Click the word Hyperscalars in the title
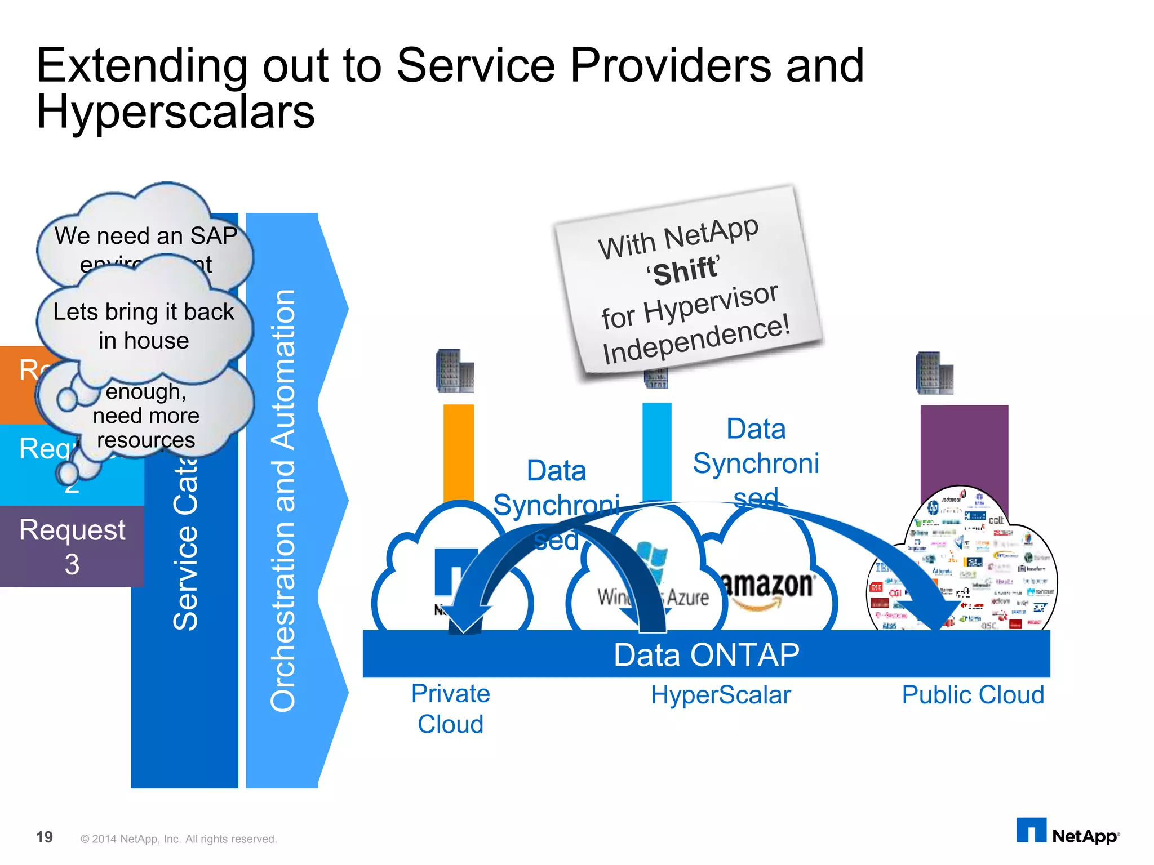(x=175, y=112)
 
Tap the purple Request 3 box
(x=72, y=546)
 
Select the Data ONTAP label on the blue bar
(x=706, y=655)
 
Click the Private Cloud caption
(x=450, y=708)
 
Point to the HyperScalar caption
(x=721, y=695)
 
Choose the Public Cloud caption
(x=973, y=695)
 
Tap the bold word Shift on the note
(x=685, y=271)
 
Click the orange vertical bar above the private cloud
(x=458, y=451)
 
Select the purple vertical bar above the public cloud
(x=964, y=445)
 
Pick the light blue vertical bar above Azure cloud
(x=657, y=451)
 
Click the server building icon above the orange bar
(x=455, y=371)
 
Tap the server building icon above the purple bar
(x=934, y=373)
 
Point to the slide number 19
(x=45, y=837)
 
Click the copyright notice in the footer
(x=179, y=839)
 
